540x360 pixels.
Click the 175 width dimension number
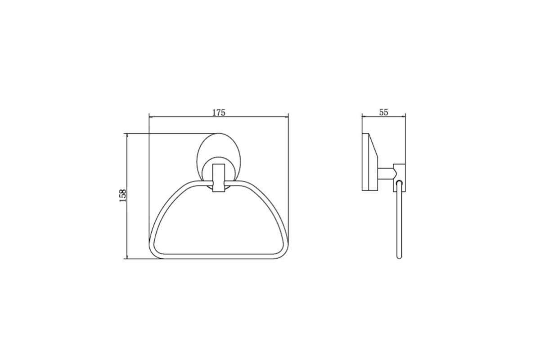click(219, 112)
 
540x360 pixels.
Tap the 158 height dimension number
click(123, 196)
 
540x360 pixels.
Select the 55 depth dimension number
click(383, 112)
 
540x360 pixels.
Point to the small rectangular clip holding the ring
click(219, 178)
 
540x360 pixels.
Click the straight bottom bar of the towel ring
click(218, 256)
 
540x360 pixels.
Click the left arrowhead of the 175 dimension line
click(151, 117)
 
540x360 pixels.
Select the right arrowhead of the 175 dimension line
click(286, 117)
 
